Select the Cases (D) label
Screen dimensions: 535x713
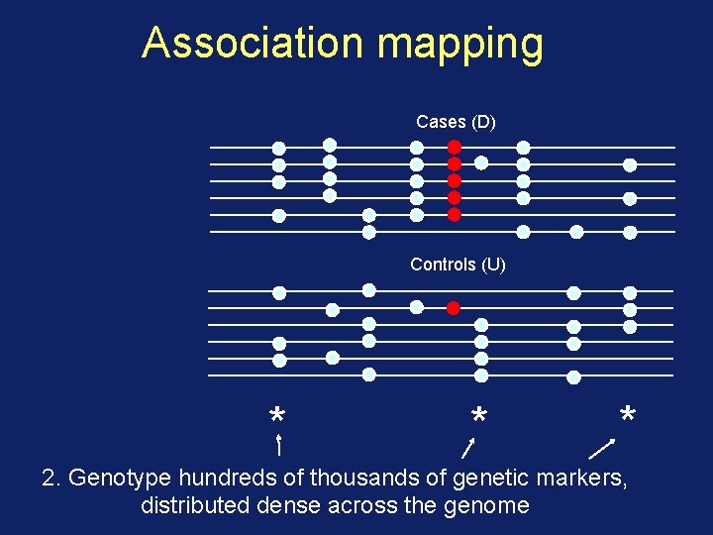[456, 122]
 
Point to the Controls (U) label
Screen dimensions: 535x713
[458, 265]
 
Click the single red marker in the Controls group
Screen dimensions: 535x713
[453, 307]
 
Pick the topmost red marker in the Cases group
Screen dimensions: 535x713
[455, 147]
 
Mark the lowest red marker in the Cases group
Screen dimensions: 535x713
[455, 214]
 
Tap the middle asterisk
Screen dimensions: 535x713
[478, 414]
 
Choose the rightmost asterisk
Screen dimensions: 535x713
[627, 413]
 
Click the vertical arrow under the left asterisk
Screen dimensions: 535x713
[279, 445]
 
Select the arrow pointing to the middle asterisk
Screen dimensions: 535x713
[471, 447]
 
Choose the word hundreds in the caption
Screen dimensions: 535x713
[232, 479]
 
